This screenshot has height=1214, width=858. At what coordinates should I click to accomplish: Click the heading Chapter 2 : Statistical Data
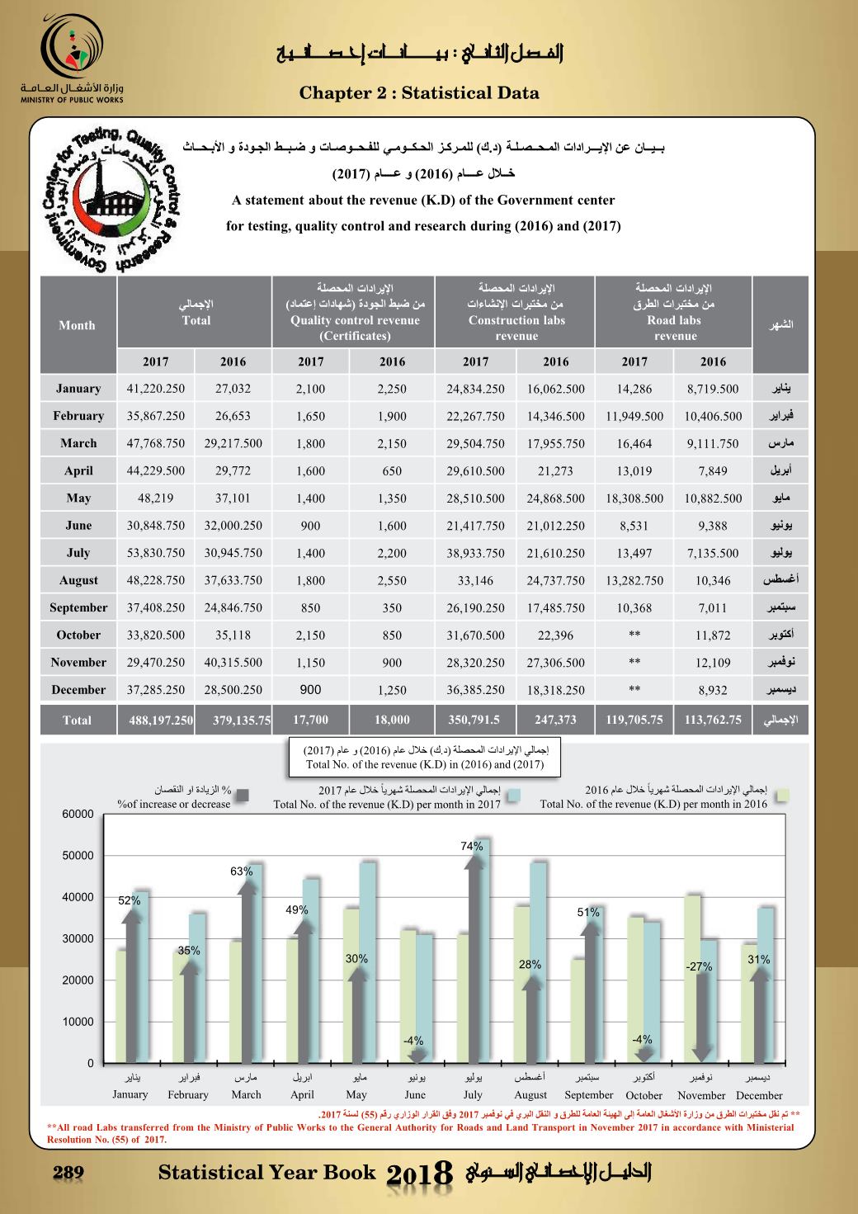(419, 92)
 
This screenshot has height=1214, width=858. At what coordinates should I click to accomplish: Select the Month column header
(77, 325)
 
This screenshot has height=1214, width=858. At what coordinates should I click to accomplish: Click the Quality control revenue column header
(355, 320)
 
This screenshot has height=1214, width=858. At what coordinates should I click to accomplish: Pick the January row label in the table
(78, 389)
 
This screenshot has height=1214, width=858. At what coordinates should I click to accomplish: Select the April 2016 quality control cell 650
(392, 471)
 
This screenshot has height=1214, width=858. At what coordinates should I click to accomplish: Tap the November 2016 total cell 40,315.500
(233, 663)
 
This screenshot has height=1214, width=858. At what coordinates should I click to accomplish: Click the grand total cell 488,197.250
(161, 720)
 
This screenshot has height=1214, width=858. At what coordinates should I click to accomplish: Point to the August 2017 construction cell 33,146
(475, 581)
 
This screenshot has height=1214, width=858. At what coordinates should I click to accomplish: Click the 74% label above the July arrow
(472, 846)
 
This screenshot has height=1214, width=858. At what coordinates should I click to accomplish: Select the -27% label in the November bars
(699, 966)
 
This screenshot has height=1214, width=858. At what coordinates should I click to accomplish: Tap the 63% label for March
(241, 872)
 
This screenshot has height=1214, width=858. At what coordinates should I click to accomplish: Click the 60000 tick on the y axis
(78, 815)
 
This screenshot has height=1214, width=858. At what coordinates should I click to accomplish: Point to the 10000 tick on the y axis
(78, 1022)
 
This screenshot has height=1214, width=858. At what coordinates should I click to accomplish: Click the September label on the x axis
(589, 1095)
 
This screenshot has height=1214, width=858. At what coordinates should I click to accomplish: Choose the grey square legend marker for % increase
(243, 796)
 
